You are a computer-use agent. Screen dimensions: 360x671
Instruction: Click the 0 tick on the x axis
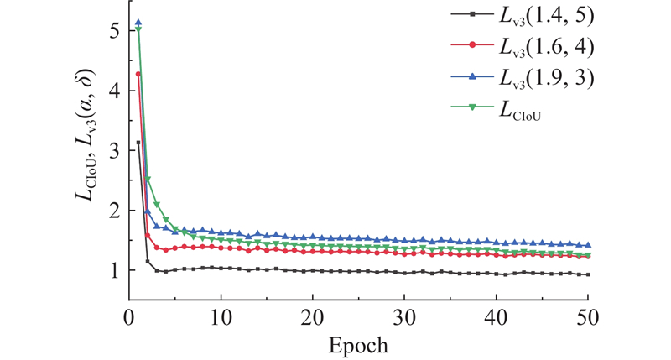click(128, 320)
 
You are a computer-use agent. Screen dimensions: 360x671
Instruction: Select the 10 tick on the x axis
click(221, 320)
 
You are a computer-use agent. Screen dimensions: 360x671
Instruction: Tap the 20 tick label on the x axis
click(312, 320)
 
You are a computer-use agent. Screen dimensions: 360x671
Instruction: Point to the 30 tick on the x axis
click(404, 320)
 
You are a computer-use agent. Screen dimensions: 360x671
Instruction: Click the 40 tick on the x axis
click(496, 320)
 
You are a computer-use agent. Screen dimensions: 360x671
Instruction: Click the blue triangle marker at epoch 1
click(138, 23)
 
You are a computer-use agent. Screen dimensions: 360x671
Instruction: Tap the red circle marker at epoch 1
click(138, 74)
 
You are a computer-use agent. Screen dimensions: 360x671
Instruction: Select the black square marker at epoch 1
click(138, 143)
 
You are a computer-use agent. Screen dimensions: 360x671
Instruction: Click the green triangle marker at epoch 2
click(148, 179)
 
